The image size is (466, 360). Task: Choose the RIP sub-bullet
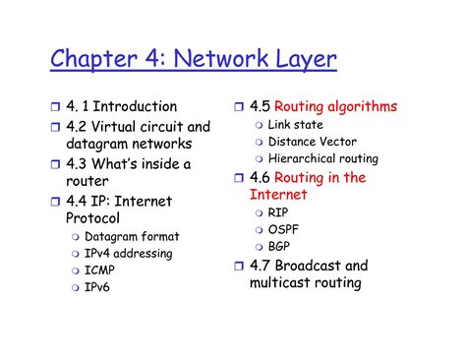pyautogui.click(x=279, y=212)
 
